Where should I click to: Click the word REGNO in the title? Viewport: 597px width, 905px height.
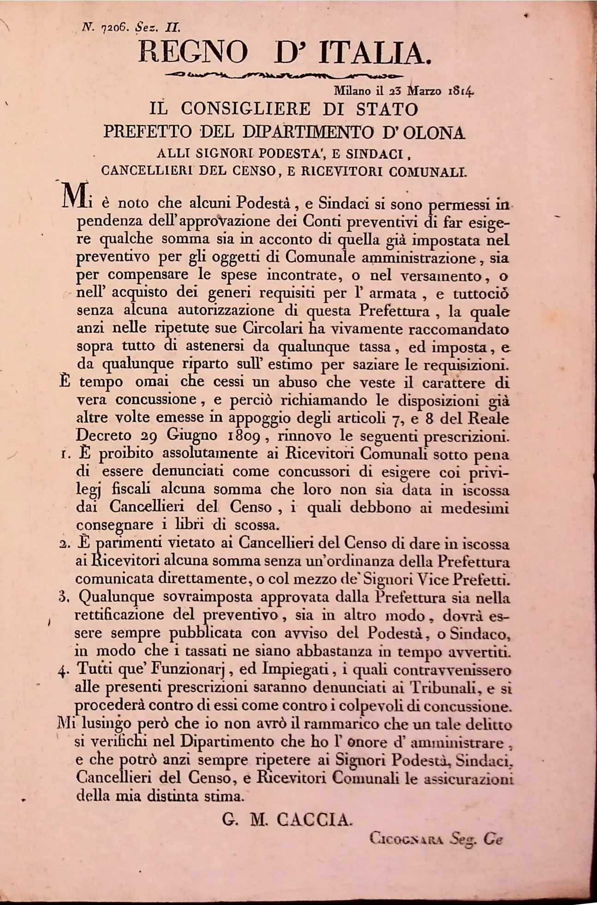193,53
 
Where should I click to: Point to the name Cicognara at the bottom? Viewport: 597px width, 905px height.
406,840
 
